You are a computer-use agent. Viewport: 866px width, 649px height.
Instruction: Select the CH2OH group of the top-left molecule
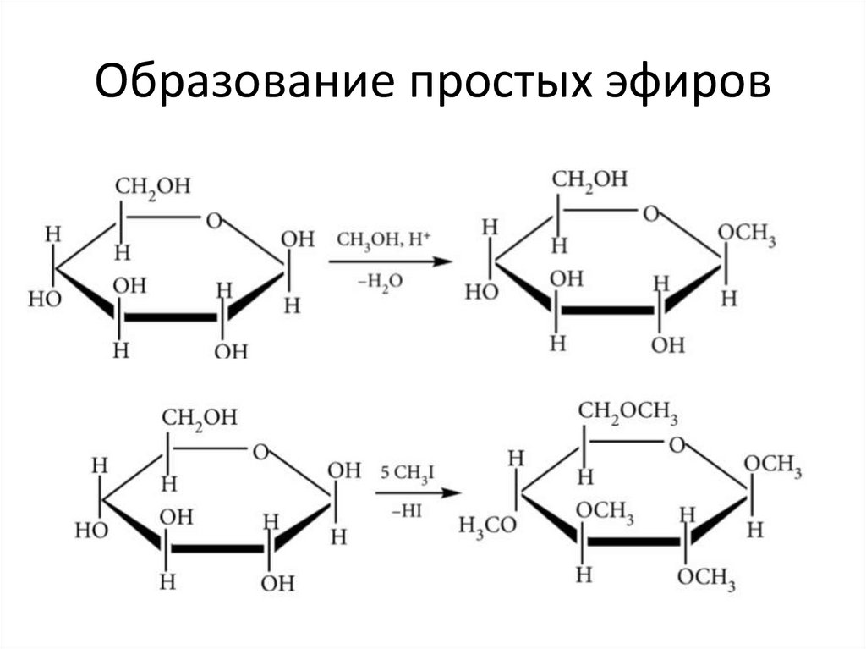pyautogui.click(x=153, y=186)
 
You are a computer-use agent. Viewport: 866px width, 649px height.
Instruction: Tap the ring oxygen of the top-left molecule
pyautogui.click(x=213, y=221)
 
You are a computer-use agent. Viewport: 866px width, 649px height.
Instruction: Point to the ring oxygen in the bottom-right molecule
pyautogui.click(x=677, y=443)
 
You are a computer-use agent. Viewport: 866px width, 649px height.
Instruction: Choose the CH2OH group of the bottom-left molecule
pyautogui.click(x=200, y=417)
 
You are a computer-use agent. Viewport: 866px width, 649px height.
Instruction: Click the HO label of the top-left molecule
pyautogui.click(x=45, y=300)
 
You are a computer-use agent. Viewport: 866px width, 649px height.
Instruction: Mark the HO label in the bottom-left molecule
pyautogui.click(x=92, y=531)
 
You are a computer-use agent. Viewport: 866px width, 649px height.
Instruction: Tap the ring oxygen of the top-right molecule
pyautogui.click(x=649, y=213)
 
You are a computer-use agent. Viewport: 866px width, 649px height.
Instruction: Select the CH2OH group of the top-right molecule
pyautogui.click(x=590, y=179)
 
